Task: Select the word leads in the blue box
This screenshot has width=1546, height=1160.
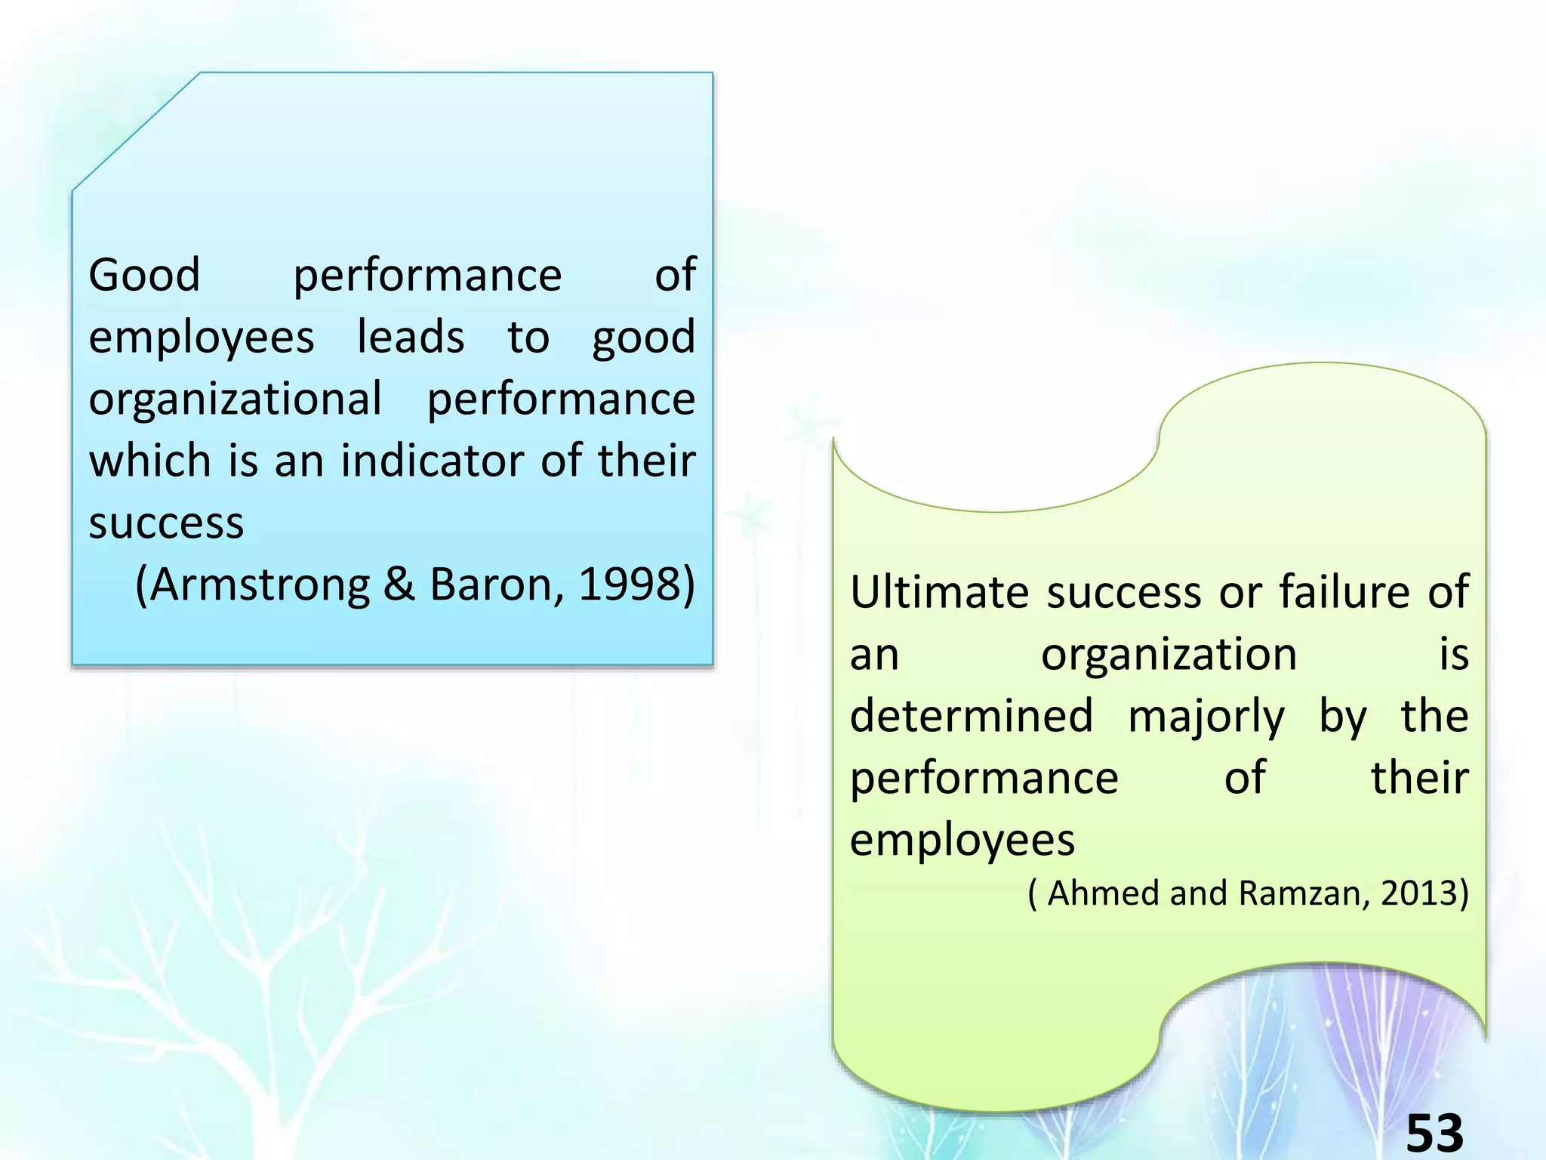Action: [410, 337]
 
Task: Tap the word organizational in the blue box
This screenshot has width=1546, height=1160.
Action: [235, 399]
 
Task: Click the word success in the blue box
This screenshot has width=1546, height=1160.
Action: [166, 523]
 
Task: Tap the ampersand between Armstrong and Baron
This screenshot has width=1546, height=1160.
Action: [399, 585]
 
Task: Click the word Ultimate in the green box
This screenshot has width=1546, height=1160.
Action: [938, 591]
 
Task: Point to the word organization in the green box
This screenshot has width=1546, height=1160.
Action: [1169, 654]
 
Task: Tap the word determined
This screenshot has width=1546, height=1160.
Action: [972, 716]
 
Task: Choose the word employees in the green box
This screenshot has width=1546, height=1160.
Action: [962, 841]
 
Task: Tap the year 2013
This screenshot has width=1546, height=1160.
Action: [1418, 893]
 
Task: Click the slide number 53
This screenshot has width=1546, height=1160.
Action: [1434, 1134]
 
